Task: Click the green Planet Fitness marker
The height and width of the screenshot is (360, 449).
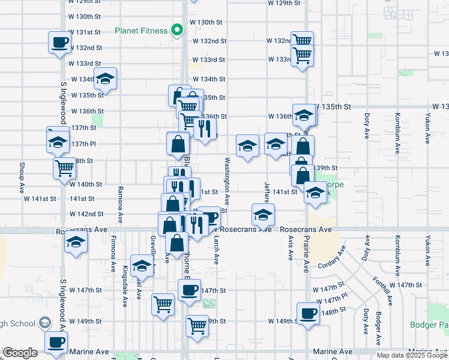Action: (177, 29)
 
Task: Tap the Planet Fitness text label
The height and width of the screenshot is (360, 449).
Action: (141, 31)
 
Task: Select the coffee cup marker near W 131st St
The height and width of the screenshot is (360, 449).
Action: (59, 42)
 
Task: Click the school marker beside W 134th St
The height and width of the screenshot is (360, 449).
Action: (105, 79)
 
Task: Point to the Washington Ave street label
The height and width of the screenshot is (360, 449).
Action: (228, 180)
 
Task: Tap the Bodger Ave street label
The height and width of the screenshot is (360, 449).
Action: (378, 329)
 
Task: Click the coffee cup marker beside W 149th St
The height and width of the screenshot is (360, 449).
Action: (309, 313)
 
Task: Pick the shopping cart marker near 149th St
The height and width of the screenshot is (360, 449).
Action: (197, 326)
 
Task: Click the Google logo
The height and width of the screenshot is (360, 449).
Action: (20, 353)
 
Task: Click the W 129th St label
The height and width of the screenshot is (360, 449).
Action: (284, 3)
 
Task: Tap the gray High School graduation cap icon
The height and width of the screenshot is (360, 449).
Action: (44, 324)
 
